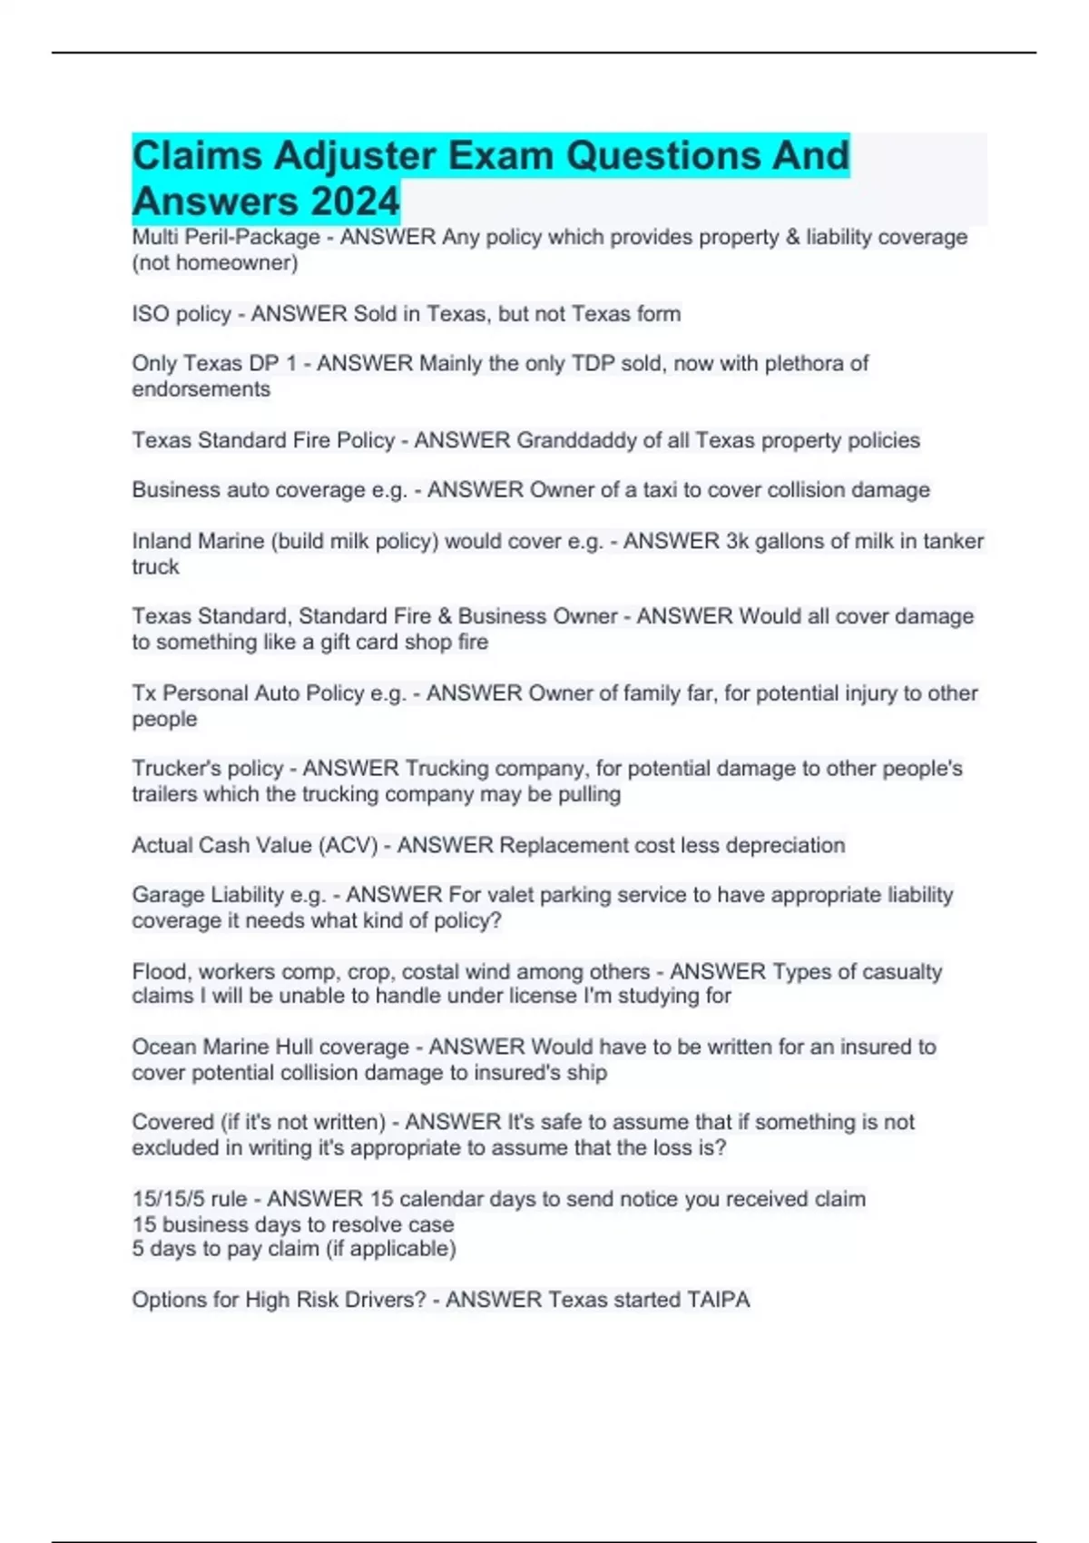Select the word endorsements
pos(201,389)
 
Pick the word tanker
pos(954,541)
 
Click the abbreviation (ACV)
pos(348,845)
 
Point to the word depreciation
pos(773,845)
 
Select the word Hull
pos(294,1047)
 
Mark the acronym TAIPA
pos(718,1300)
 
